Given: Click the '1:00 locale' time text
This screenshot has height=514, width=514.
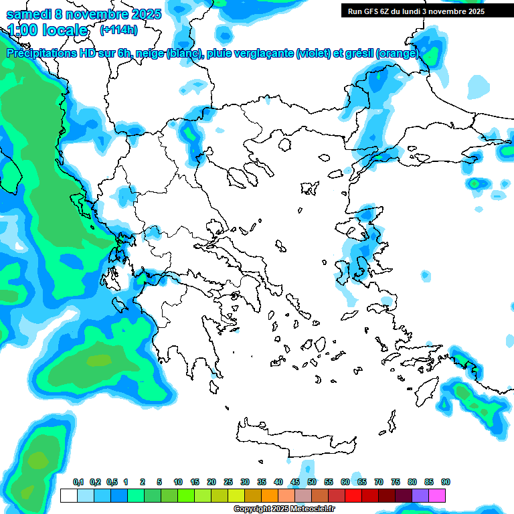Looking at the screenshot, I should click(48, 30).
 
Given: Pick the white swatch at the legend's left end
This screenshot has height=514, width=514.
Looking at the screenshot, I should click(68, 495).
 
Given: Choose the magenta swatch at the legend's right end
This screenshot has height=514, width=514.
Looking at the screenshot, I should click(437, 495).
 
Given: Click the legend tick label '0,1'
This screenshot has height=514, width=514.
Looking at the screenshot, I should click(78, 483).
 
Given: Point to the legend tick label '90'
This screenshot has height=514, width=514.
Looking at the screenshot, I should click(446, 483).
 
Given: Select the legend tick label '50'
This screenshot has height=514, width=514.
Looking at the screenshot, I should click(312, 483).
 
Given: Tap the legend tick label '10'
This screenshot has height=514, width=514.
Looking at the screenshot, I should click(178, 483).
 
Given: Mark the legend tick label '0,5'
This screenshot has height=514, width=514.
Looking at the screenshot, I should click(111, 483).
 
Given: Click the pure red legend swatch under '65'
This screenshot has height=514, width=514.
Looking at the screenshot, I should click(353, 495).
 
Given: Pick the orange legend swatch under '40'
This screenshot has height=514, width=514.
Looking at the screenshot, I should click(270, 495).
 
